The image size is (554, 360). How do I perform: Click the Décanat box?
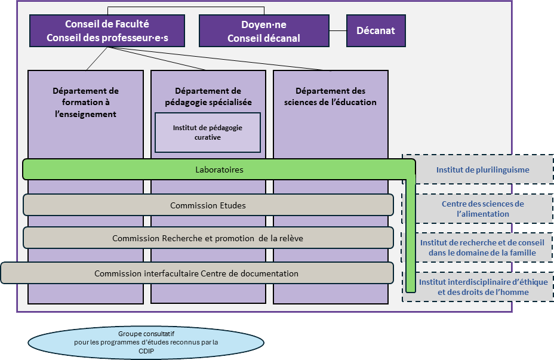tap(376, 31)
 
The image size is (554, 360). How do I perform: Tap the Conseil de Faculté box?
tap(107, 31)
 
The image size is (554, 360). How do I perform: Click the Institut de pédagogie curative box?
tap(208, 133)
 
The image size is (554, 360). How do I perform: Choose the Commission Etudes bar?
tap(208, 205)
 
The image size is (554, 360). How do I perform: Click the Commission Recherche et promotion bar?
tap(208, 238)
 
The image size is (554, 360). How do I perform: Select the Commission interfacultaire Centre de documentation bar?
tap(196, 273)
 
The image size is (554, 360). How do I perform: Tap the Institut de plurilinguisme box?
tap(482, 170)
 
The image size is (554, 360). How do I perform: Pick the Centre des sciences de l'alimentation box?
tap(482, 209)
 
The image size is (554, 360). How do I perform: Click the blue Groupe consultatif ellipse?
tap(146, 342)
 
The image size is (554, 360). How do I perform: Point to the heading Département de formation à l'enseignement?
tap(85, 102)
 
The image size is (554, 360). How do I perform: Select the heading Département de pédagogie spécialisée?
tap(208, 96)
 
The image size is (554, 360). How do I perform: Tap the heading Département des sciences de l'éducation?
tap(330, 96)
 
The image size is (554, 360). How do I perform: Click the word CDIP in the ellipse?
tap(146, 352)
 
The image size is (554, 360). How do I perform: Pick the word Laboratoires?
tap(219, 170)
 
